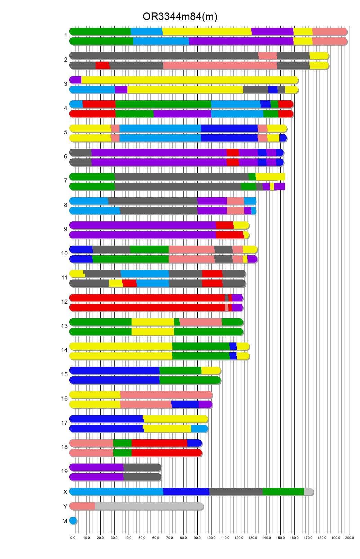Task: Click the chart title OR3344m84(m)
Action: pyautogui.click(x=180, y=16)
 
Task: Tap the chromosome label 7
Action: pyautogui.click(x=65, y=181)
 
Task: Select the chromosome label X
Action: pyautogui.click(x=65, y=492)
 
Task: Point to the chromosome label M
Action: pyautogui.click(x=65, y=521)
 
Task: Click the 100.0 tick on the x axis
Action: pyautogui.click(x=211, y=538)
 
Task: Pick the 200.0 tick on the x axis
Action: pyautogui.click(x=350, y=538)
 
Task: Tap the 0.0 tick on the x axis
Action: pyautogui.click(x=73, y=538)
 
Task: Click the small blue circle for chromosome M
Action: pyautogui.click(x=73, y=521)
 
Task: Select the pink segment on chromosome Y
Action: pyautogui.click(x=82, y=506)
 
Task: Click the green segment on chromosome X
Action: pyautogui.click(x=283, y=492)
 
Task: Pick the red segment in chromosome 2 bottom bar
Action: pyautogui.click(x=102, y=65)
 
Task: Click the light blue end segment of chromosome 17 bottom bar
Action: pyautogui.click(x=199, y=429)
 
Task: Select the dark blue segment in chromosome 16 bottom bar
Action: pyautogui.click(x=185, y=404)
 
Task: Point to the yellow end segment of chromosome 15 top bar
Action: pyautogui.click(x=210, y=370)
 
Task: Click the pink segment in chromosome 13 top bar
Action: pyautogui.click(x=200, y=322)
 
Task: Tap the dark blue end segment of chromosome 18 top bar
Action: pyautogui.click(x=194, y=443)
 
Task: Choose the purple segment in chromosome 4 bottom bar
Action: pyautogui.click(x=182, y=114)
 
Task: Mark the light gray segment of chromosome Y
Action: pyautogui.click(x=149, y=506)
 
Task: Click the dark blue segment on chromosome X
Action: pyautogui.click(x=186, y=492)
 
